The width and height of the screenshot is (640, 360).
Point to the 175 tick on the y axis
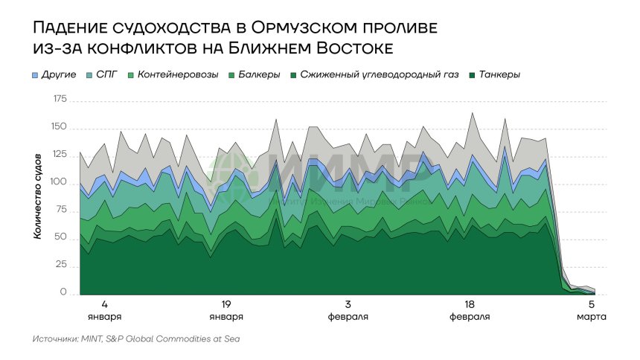(60, 99)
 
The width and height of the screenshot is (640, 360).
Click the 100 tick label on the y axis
(60, 183)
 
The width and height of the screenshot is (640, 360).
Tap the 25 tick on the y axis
(63, 266)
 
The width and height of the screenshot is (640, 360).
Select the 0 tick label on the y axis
(65, 294)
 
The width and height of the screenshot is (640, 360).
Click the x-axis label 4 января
(105, 310)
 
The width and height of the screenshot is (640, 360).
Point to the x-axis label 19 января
(226, 310)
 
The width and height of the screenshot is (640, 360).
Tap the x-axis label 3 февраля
(348, 310)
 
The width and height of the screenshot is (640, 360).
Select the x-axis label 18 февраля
(470, 310)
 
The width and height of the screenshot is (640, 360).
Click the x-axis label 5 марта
(592, 310)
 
